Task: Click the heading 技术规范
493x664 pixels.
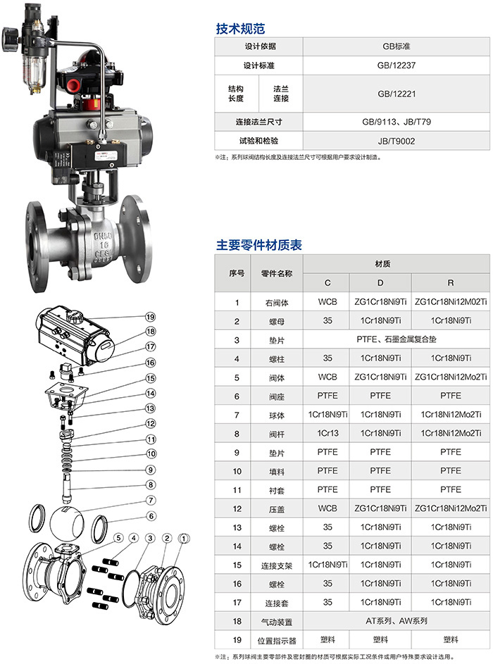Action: [240, 28]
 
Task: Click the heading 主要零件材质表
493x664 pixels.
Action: [258, 245]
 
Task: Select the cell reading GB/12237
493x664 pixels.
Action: [397, 65]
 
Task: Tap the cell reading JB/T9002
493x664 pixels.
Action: [397, 141]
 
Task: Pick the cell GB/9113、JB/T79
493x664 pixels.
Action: [397, 122]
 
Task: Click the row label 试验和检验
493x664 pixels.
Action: [258, 141]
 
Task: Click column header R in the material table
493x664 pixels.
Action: [451, 282]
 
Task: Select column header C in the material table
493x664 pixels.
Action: [327, 282]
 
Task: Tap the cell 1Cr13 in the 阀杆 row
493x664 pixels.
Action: [327, 433]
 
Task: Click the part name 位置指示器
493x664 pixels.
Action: [277, 640]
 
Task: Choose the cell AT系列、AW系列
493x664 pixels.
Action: [397, 621]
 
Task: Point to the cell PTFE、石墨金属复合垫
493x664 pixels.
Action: [397, 339]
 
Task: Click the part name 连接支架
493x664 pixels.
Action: [277, 565]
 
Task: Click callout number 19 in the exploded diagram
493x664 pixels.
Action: [150, 317]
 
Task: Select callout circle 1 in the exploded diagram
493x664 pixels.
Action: [184, 538]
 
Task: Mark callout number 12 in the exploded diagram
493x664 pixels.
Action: [150, 423]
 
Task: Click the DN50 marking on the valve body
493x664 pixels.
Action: [103, 235]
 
